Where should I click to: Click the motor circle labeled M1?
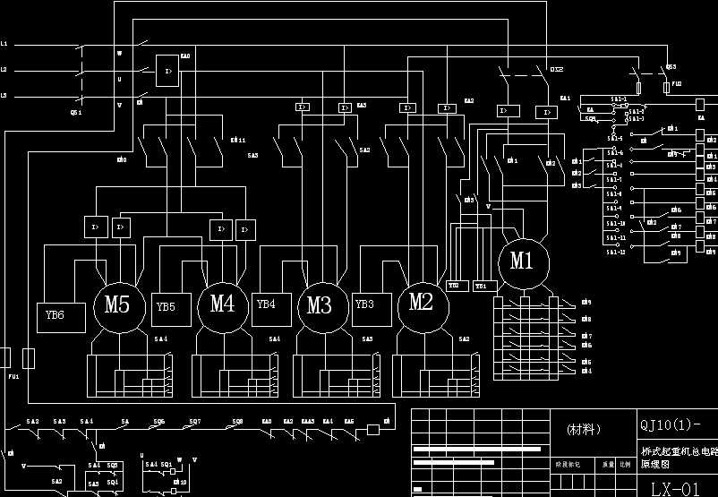pyautogui.click(x=522, y=261)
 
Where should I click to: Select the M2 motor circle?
pyautogui.click(x=422, y=302)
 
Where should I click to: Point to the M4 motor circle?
pyautogui.click(x=222, y=304)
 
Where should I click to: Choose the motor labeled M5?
pyautogui.click(x=117, y=304)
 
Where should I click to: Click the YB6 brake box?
pyautogui.click(x=61, y=315)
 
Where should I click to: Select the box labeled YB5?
pyautogui.click(x=167, y=307)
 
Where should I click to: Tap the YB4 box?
pyautogui.click(x=267, y=304)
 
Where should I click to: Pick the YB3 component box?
pyautogui.click(x=365, y=304)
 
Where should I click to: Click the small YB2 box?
pyautogui.click(x=454, y=286)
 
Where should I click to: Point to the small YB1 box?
pyautogui.click(x=481, y=286)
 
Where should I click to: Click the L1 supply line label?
pyautogui.click(x=4, y=43)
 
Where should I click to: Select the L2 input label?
pyautogui.click(x=4, y=69)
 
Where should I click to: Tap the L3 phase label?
pyautogui.click(x=4, y=95)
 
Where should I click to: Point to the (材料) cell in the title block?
pyautogui.click(x=586, y=430)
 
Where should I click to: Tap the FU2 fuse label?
pyautogui.click(x=677, y=83)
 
